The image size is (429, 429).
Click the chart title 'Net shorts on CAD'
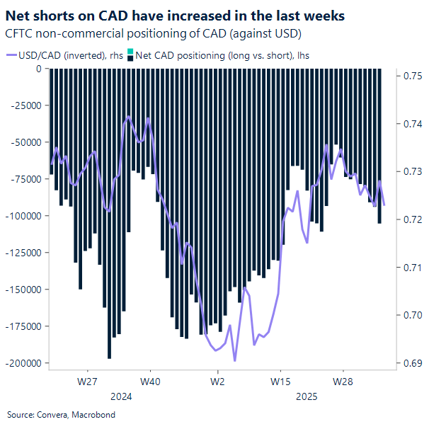pos(176,16)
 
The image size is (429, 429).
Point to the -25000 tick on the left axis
pos(26,106)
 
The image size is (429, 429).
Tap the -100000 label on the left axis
pos(24,215)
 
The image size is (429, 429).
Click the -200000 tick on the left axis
pos(24,362)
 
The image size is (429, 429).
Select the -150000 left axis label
pos(24,289)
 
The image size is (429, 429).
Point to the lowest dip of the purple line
pos(234,360)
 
